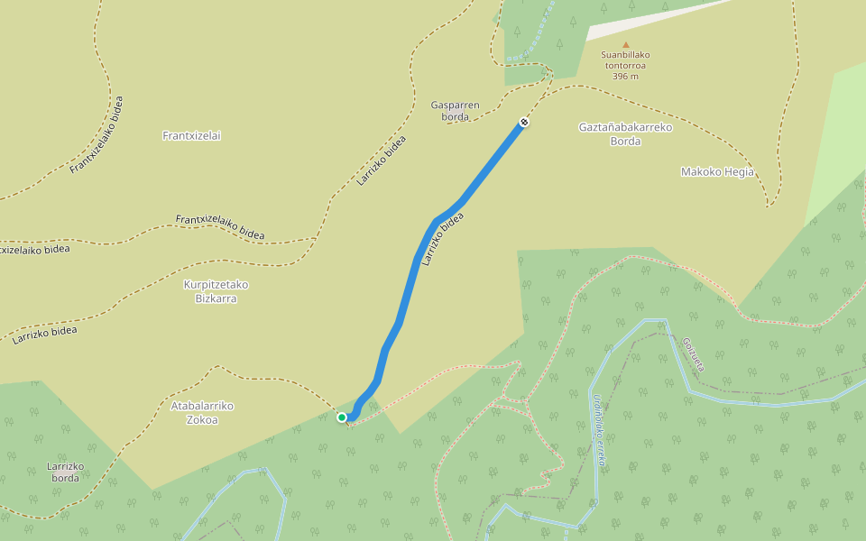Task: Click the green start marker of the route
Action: point(342,417)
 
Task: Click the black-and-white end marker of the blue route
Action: point(524,122)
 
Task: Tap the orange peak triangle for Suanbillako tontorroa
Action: point(625,44)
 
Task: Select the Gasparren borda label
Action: point(455,111)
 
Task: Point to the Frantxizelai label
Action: point(191,136)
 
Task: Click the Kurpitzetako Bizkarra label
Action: point(216,291)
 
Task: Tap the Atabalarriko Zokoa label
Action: point(202,412)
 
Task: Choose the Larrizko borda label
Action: point(65,472)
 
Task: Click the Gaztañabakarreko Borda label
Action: point(625,134)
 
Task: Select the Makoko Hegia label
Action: point(716,172)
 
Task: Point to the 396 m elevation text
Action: point(625,77)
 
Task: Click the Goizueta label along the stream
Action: point(692,354)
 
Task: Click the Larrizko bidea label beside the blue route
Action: point(443,239)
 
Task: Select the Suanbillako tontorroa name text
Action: point(625,60)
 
